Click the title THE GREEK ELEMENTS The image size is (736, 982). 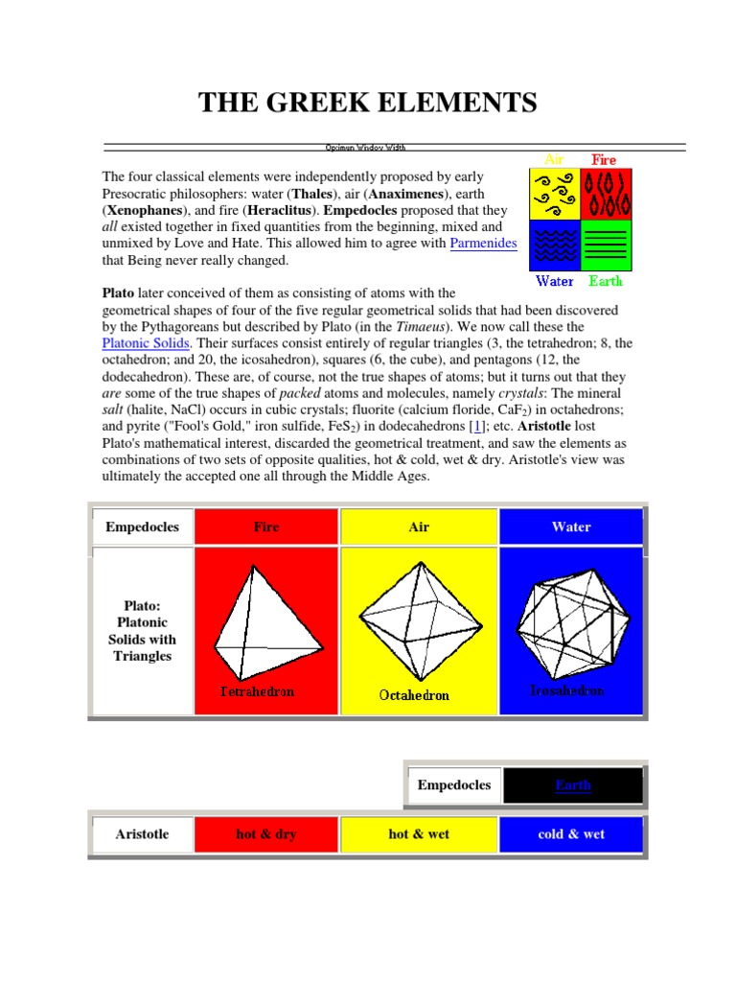(x=367, y=102)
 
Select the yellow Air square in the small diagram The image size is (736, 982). (x=555, y=193)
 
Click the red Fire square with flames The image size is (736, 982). (x=606, y=193)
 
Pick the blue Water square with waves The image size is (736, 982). (x=555, y=245)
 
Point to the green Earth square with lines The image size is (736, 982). (x=606, y=245)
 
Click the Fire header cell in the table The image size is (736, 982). (x=266, y=526)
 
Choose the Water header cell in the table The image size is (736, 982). (x=571, y=526)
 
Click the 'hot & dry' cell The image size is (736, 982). (x=266, y=834)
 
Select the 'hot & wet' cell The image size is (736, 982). (x=419, y=834)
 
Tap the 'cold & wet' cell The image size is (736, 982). (x=571, y=834)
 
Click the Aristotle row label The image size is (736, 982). (x=142, y=834)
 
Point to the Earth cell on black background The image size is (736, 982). (x=573, y=785)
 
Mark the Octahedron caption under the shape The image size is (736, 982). (x=414, y=695)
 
